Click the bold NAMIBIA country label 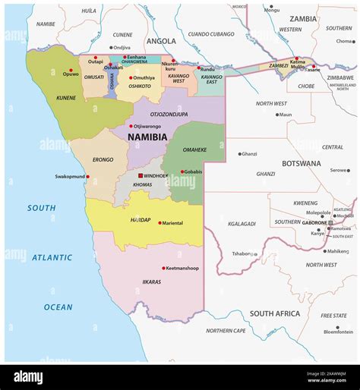tap(147, 137)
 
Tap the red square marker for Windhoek tap(140, 176)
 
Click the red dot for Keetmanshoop tap(164, 268)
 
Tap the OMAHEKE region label tap(195, 149)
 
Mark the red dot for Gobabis tap(182, 171)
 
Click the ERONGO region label tap(103, 159)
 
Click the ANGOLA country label tap(161, 41)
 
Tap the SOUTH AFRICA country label tap(275, 313)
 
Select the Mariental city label tap(172, 223)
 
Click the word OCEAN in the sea tap(58, 307)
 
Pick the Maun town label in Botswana tap(285, 115)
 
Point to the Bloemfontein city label tap(338, 332)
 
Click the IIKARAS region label tap(151, 281)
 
